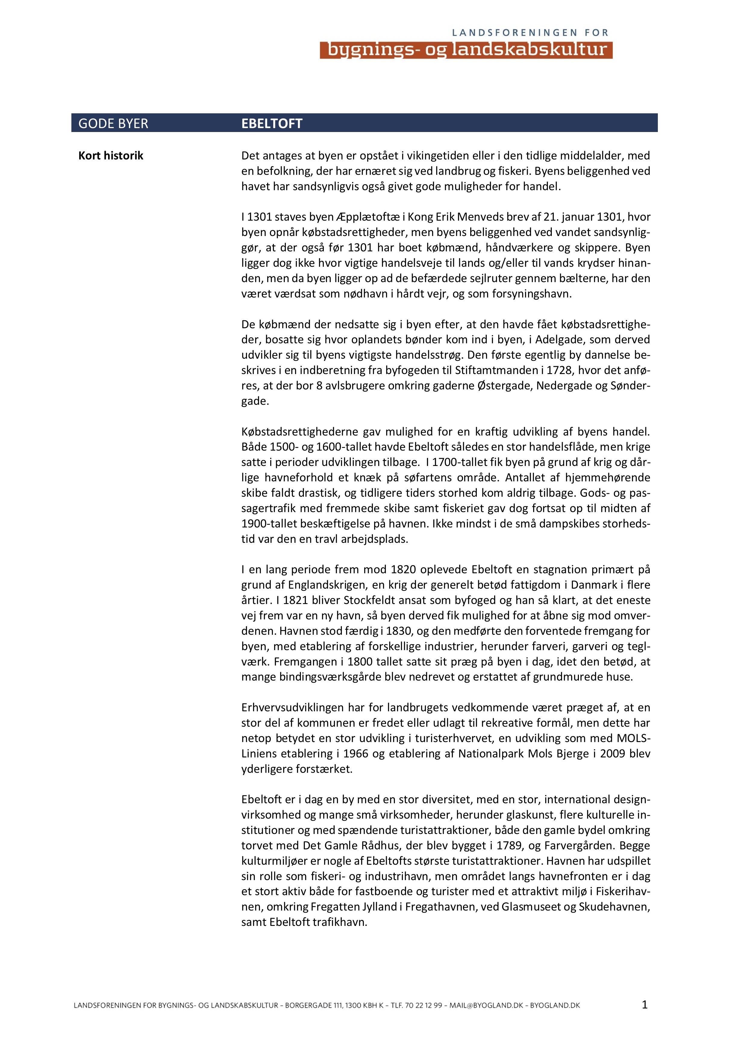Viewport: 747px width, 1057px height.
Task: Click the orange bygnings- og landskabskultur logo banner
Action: [x=466, y=50]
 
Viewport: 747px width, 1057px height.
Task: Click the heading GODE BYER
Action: [x=113, y=123]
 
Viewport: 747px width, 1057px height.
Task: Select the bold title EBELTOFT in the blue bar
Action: [x=272, y=123]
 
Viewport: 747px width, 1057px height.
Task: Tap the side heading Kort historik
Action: [x=111, y=156]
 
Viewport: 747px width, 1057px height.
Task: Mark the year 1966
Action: [x=356, y=753]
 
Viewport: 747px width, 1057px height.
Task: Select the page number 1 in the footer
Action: [x=644, y=1005]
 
